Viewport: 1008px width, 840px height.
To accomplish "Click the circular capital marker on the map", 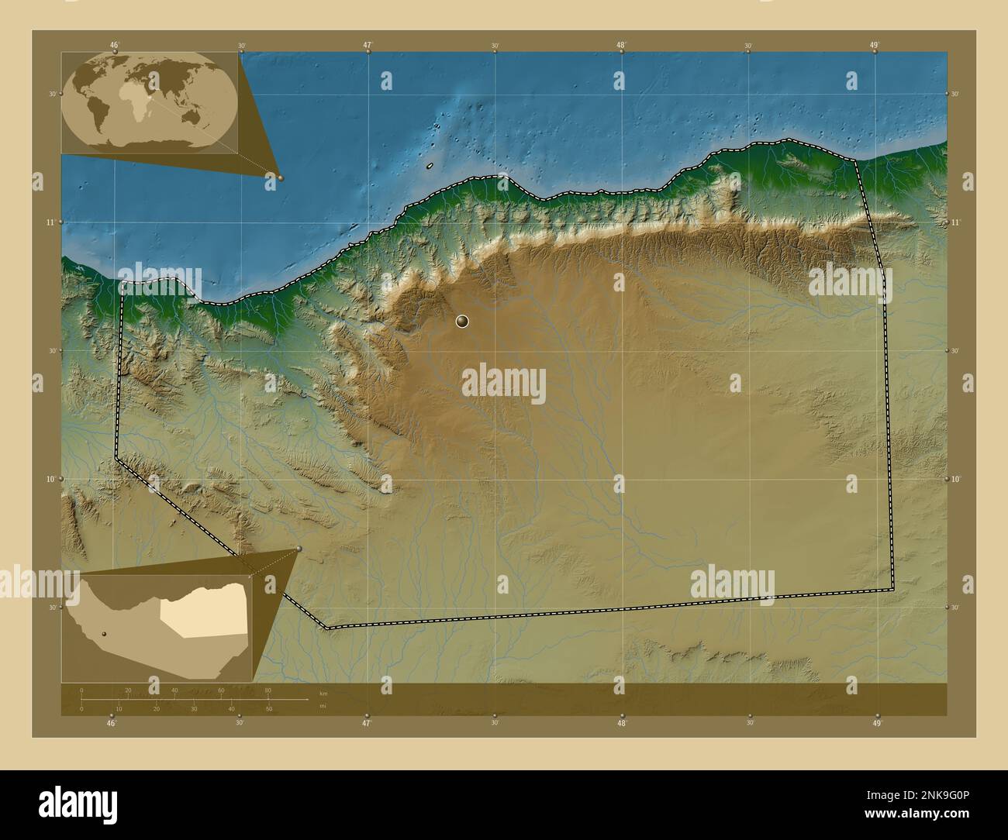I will [463, 321].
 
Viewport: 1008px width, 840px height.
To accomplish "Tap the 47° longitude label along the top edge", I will [368, 45].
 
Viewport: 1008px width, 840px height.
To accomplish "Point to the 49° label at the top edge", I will [875, 45].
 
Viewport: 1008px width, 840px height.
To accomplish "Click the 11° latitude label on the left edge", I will [50, 222].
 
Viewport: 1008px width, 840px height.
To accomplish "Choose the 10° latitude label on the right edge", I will [956, 479].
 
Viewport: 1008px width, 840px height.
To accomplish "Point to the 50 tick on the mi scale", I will [268, 708].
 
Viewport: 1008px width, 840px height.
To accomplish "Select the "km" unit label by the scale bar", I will [323, 692].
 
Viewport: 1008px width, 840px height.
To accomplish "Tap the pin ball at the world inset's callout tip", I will [280, 178].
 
